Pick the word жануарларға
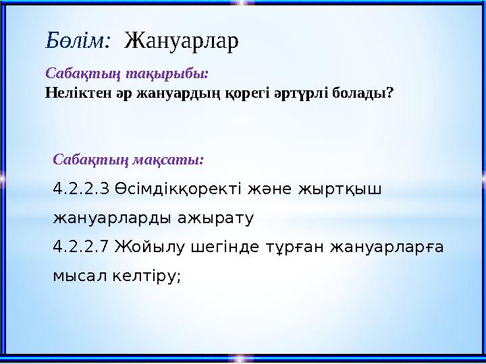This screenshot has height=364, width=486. click(387, 248)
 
